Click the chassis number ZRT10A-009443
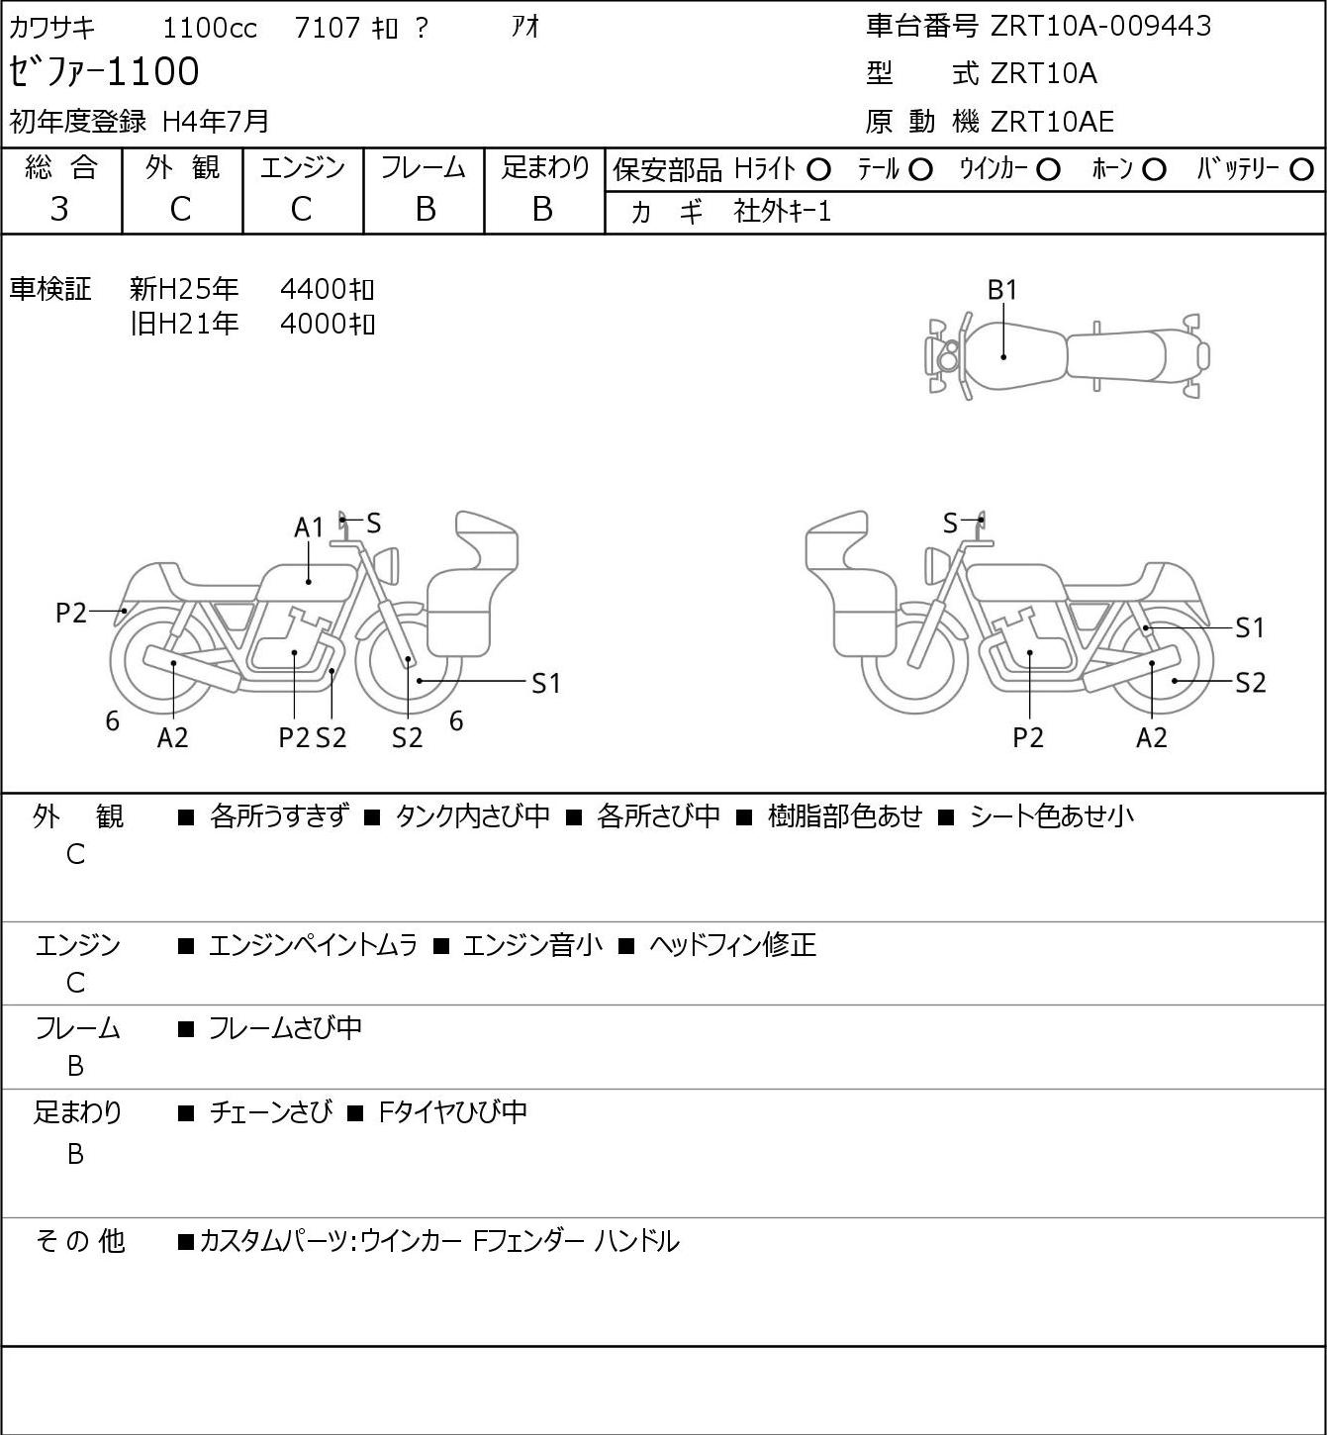pos(1100,26)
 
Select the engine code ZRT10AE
pos(1052,122)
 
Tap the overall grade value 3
pos(59,209)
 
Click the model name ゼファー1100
pos(104,71)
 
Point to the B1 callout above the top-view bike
pos(1002,290)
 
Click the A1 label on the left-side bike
pos(309,527)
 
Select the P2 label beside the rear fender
pos(71,613)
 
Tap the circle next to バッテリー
pos(1301,170)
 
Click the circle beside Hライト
pos(818,170)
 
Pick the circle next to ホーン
pos(1154,170)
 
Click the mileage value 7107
pos(328,28)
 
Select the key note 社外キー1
pos(782,212)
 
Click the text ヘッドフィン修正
pos(732,945)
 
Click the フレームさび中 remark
pos(285,1027)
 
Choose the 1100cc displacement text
pos(210,28)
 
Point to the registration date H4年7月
pos(216,121)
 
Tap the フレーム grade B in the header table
pos(425,209)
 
